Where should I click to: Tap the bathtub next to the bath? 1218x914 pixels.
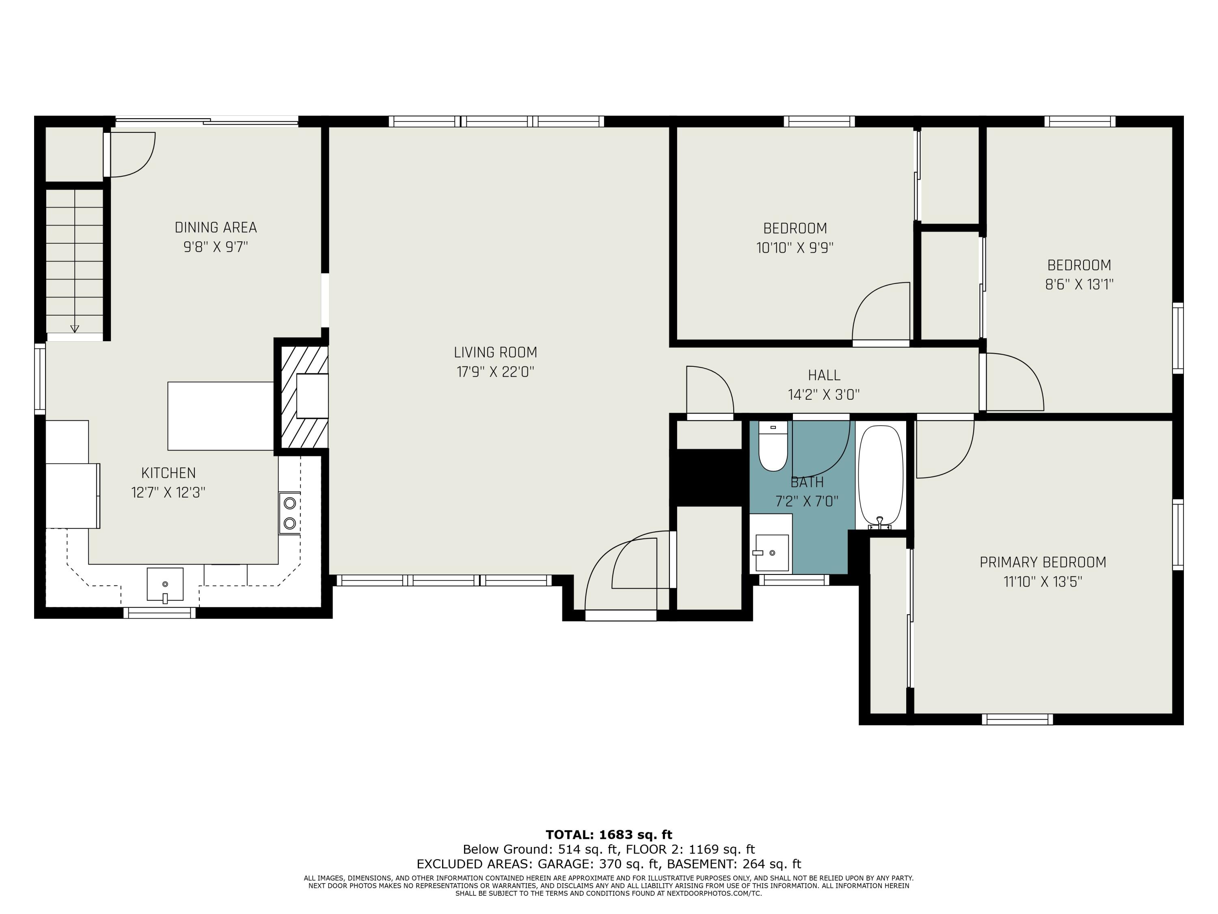(881, 475)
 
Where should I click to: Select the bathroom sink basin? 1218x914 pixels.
(771, 552)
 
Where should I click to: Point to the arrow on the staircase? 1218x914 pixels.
(75, 328)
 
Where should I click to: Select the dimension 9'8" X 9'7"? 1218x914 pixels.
(216, 247)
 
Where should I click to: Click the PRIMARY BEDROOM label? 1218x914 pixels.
(1042, 563)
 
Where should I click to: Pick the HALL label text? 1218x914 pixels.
(824, 375)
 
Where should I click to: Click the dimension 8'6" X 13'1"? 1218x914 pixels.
(1079, 285)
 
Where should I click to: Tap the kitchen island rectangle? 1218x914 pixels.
(220, 416)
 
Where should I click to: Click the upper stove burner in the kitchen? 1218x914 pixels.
(289, 503)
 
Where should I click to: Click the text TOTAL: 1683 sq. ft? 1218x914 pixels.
(609, 835)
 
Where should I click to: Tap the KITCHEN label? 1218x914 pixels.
(168, 473)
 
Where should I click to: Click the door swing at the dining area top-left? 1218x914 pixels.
(132, 155)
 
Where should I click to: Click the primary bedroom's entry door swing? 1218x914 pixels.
(944, 449)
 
